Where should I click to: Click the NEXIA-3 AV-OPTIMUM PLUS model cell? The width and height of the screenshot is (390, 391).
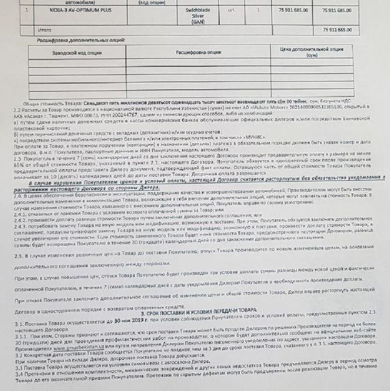tap(74, 10)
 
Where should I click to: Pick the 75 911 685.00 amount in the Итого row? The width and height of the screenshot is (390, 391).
tap(337, 30)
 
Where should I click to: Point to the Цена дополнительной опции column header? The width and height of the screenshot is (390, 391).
tap(312, 52)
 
